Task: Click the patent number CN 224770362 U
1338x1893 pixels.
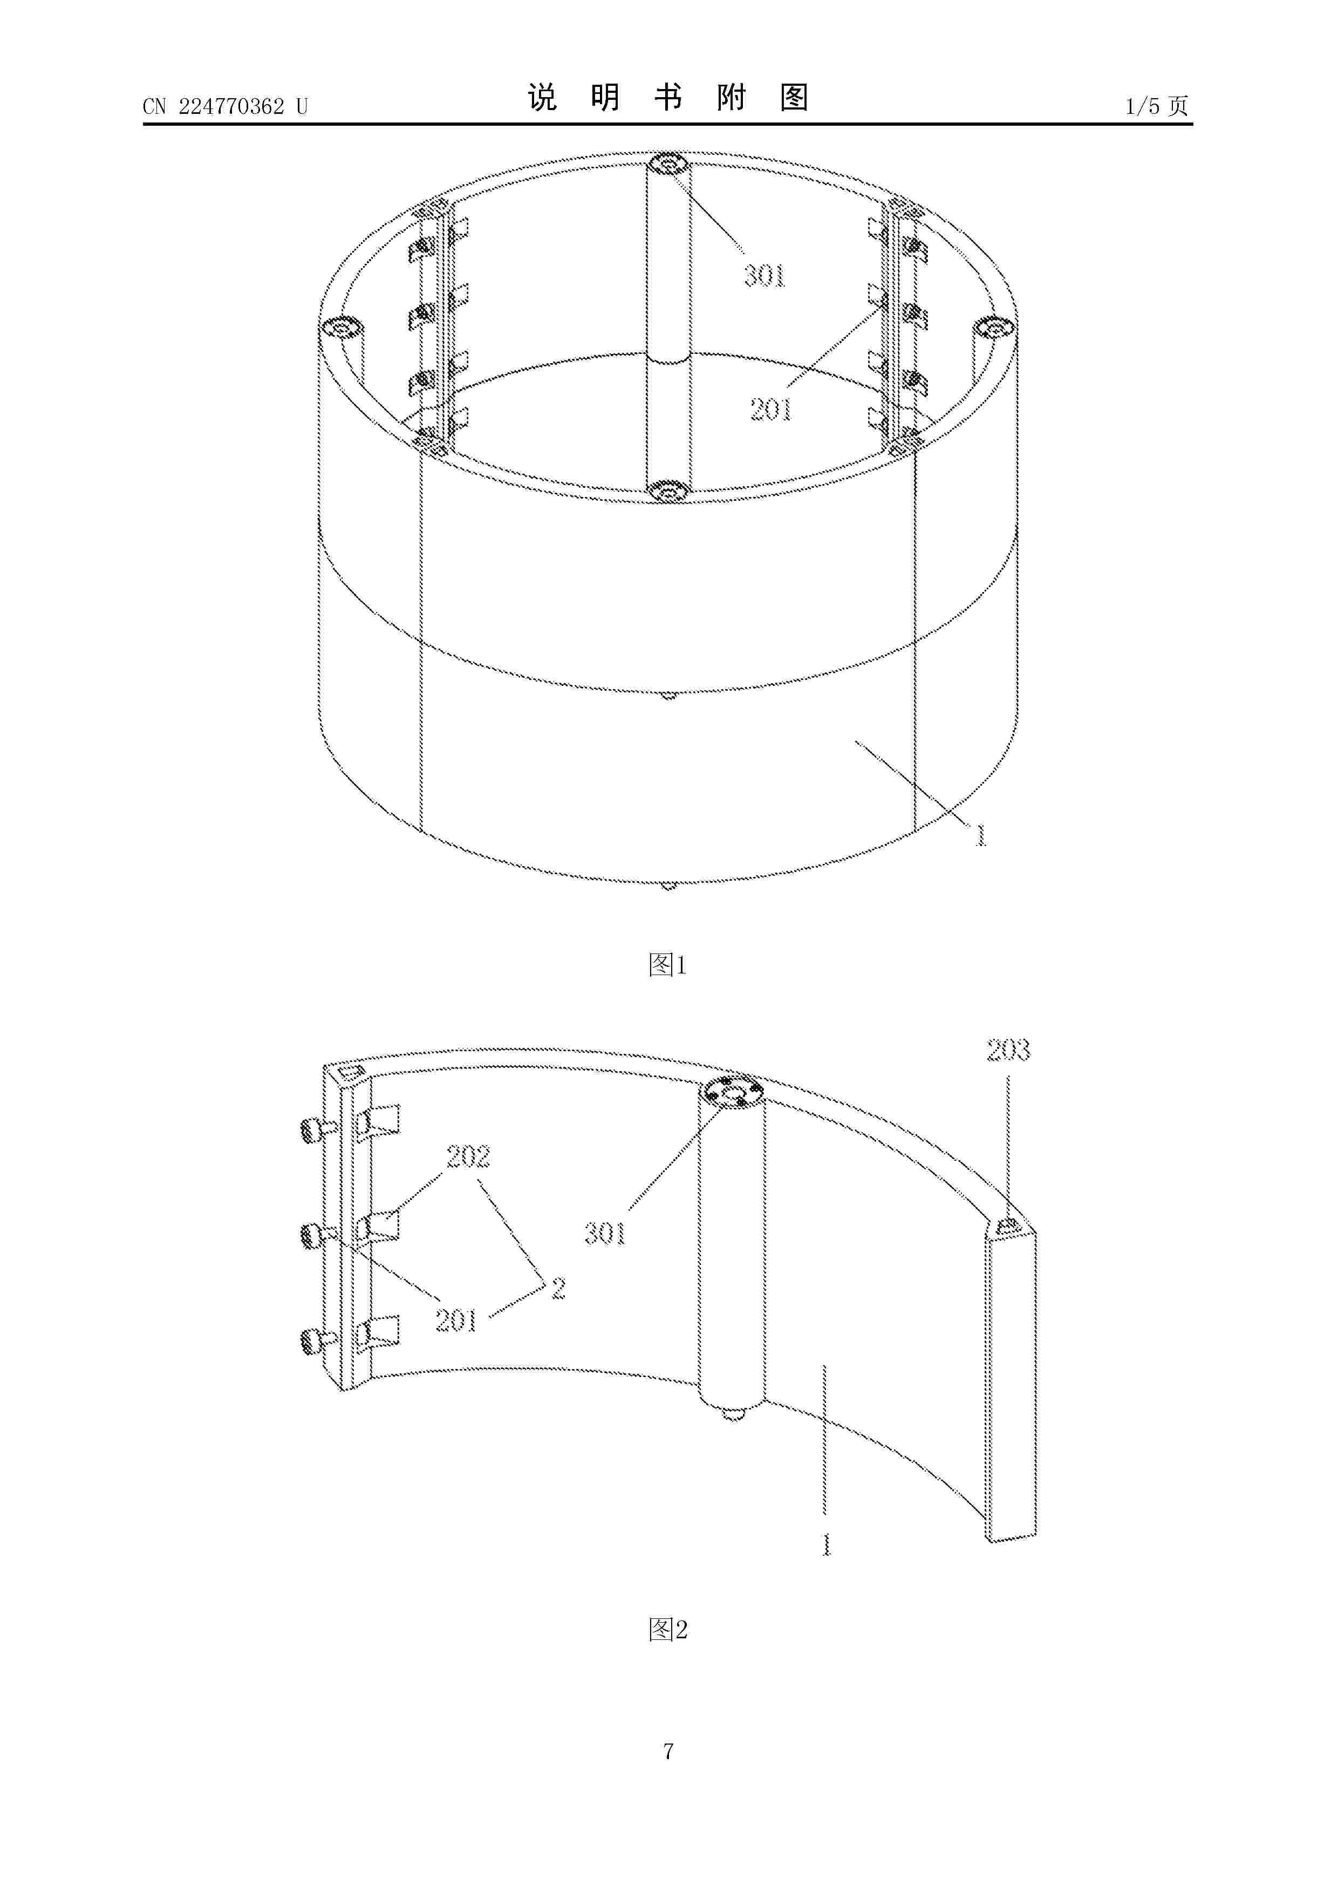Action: (225, 106)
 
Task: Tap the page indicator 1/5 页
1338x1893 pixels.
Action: (1157, 106)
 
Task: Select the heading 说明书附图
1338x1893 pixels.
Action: (668, 98)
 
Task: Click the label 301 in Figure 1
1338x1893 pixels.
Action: (765, 275)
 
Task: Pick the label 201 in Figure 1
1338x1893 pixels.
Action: (771, 409)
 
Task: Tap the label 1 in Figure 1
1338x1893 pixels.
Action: (980, 835)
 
